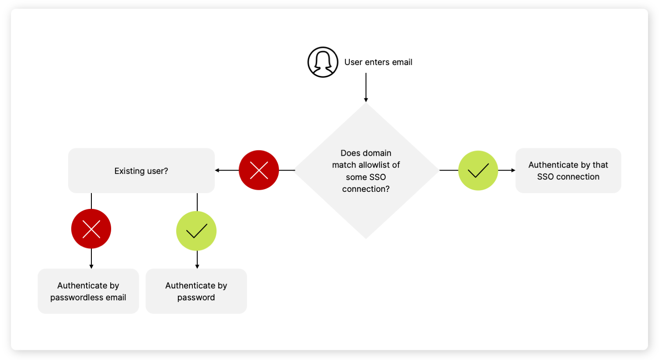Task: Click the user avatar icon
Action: [323, 62]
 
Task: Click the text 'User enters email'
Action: [378, 62]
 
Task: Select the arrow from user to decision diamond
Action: [366, 88]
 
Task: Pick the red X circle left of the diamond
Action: [259, 170]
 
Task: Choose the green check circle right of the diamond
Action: [478, 170]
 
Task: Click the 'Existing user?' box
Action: [141, 171]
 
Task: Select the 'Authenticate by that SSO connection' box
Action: [568, 171]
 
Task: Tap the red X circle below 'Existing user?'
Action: [91, 229]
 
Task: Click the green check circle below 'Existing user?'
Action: [196, 231]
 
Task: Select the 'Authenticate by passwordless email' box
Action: [88, 291]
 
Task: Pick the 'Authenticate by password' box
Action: [196, 291]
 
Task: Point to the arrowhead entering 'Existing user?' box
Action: [217, 170]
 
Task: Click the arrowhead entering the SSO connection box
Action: [513, 170]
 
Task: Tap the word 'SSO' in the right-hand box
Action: [545, 177]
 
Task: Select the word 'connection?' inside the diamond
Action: [366, 189]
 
